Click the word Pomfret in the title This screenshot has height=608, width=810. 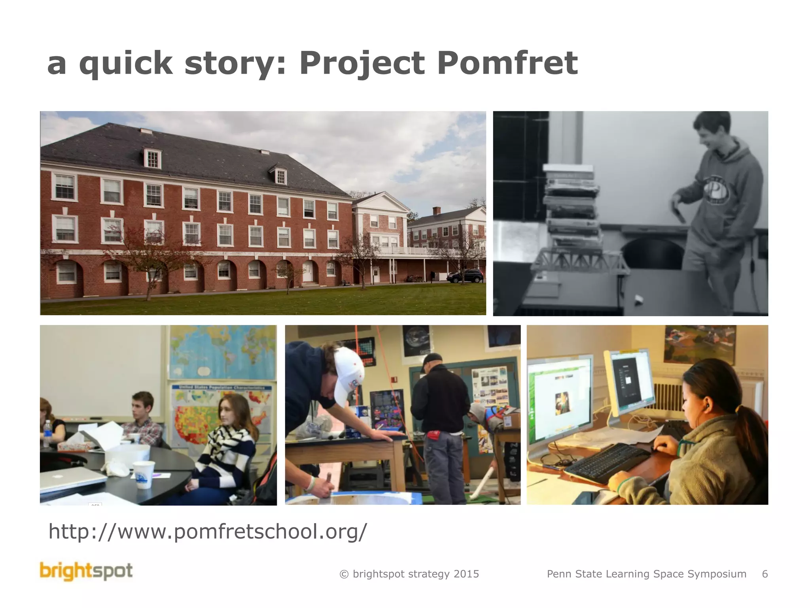pyautogui.click(x=507, y=63)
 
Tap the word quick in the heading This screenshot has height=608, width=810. pyautogui.click(x=126, y=63)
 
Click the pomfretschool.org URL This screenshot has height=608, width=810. pyautogui.click(x=208, y=531)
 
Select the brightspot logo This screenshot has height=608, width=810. pyautogui.click(x=86, y=572)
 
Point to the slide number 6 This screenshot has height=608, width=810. pyautogui.click(x=765, y=574)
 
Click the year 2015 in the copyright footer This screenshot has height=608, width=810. pyautogui.click(x=466, y=574)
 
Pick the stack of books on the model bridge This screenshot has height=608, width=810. pyautogui.click(x=571, y=206)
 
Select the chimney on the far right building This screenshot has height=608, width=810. pyautogui.click(x=436, y=211)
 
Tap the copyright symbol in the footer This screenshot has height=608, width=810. pyautogui.click(x=344, y=574)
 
